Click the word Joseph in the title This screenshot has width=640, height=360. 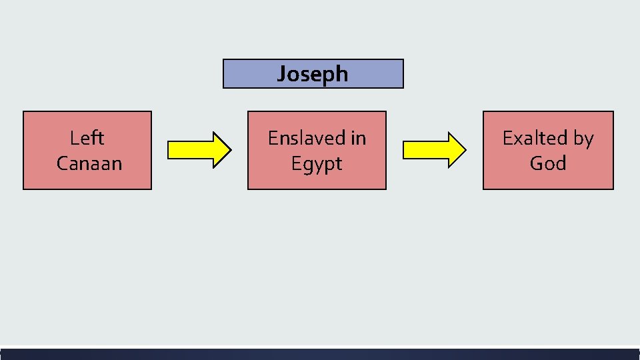(x=313, y=73)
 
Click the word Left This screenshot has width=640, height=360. (x=87, y=138)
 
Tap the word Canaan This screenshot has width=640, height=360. (x=89, y=163)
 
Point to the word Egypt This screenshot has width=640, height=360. (x=317, y=164)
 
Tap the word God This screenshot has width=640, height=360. (x=548, y=163)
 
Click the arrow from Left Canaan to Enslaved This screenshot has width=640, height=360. (x=199, y=149)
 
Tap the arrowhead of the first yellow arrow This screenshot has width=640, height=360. (x=222, y=149)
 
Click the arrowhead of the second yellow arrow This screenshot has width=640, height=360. (x=457, y=149)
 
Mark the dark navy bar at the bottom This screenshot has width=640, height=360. (x=320, y=354)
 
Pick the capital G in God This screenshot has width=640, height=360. (x=537, y=163)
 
